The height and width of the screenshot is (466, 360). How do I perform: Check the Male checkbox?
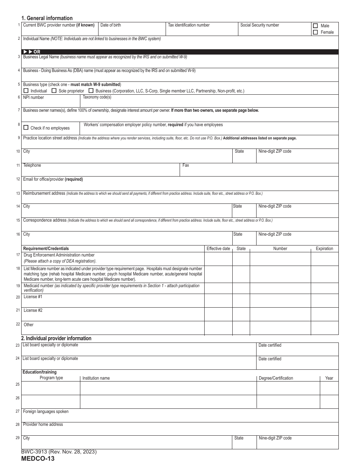pos(315,26)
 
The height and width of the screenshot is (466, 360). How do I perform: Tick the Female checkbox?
pos(315,32)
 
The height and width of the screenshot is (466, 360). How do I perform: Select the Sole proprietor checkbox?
pos(54,91)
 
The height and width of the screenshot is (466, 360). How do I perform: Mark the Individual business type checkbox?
pos(26,91)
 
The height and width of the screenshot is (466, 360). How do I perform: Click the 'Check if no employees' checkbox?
pos(26,128)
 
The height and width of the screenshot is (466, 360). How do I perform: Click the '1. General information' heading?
pos(47,18)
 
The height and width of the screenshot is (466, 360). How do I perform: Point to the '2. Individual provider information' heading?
pos(56,338)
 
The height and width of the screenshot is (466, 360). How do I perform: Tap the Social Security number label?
pos(260,25)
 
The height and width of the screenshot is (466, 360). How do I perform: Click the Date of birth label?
pos(111,25)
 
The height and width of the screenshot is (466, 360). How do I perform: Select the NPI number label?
pos(33,98)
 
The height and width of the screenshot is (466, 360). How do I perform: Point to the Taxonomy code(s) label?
pos(97,97)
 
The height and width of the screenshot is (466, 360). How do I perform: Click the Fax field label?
pos(186,165)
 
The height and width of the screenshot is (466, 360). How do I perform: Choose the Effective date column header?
pos(218,249)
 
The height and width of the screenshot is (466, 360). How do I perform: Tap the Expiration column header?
pos(324,249)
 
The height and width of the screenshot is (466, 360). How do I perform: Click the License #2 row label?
pos(33,310)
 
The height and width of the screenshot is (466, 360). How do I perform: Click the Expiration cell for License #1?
pos(324,300)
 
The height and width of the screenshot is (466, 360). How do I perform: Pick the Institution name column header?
pos(96,378)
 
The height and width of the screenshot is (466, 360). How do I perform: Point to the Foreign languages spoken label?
pos(46,411)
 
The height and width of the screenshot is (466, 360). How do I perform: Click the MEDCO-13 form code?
pos(38,459)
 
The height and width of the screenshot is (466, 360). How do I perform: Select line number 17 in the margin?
pos(18,255)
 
